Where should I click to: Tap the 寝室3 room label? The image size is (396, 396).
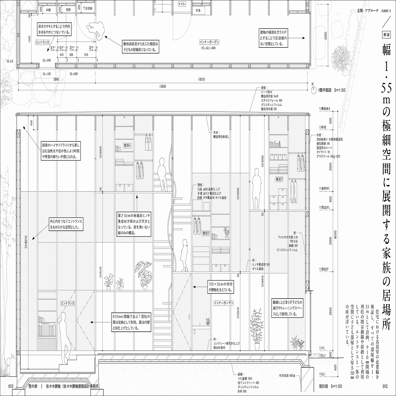click(x=279, y=179)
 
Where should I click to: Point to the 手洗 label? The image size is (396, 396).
click(x=198, y=11)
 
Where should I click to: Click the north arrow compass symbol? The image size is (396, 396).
click(x=313, y=90)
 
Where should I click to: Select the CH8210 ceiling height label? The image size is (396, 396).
click(x=26, y=242)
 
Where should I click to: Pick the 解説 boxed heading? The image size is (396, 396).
click(x=386, y=34)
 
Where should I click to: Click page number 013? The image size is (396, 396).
click(x=11, y=386)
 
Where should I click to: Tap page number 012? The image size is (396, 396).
click(x=385, y=386)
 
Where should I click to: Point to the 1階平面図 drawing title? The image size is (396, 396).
click(x=331, y=90)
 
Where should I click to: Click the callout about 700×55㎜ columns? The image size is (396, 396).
click(x=221, y=287)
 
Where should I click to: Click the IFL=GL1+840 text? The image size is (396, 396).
click(x=209, y=48)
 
